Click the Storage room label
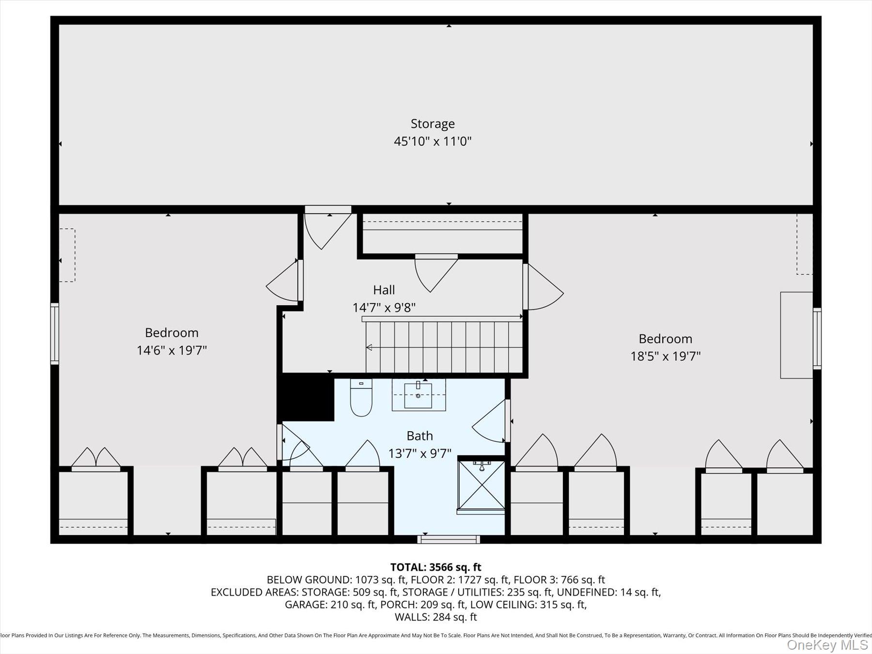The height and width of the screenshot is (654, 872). click(432, 124)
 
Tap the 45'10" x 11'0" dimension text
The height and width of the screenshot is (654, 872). click(432, 141)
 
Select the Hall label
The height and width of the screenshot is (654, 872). click(384, 290)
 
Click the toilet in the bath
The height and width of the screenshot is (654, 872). click(361, 398)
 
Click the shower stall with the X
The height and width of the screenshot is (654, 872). click(482, 485)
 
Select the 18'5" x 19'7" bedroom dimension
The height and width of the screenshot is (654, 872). click(665, 357)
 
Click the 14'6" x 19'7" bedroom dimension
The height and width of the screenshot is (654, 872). click(171, 350)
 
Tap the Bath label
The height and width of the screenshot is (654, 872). click(420, 436)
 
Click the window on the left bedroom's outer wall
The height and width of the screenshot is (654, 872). click(55, 334)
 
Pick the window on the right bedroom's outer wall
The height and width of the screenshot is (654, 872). click(817, 338)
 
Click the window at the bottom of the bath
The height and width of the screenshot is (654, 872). click(449, 539)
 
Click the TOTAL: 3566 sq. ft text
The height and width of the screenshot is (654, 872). click(436, 567)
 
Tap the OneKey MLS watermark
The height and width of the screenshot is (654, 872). click(827, 645)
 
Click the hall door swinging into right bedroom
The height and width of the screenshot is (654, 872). click(543, 287)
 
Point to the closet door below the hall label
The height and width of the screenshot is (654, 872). click(435, 272)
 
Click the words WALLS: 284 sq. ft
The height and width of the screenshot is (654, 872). click(436, 617)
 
